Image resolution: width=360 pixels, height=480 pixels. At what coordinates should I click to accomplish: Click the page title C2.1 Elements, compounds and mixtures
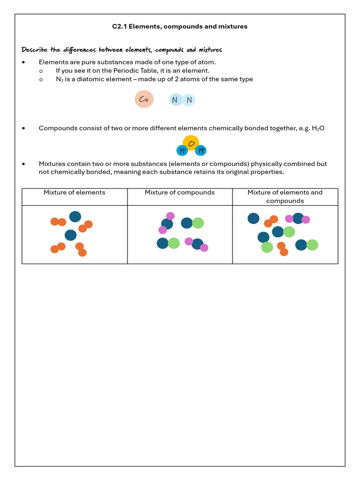pos(180,27)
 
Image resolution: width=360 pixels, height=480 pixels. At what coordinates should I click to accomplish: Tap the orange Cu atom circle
pos(144,99)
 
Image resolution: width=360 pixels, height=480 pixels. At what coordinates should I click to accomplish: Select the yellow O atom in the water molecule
pos(191,142)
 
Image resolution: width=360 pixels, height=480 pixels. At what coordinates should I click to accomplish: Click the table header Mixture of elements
pos(75,193)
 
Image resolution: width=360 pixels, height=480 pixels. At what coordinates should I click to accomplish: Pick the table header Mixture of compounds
pos(180,193)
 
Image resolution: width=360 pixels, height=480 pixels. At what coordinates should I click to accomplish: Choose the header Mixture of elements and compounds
pos(285,196)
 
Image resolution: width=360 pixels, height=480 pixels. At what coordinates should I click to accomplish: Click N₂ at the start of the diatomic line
pos(60,79)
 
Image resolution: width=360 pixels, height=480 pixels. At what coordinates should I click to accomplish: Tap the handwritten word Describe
pos(35,50)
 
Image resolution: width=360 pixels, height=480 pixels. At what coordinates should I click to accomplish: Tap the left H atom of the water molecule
pos(182,150)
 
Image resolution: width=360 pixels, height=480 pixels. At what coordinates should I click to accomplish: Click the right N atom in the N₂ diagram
pos(189,100)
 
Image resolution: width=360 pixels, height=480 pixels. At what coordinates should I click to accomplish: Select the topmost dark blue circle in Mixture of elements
pos(75,217)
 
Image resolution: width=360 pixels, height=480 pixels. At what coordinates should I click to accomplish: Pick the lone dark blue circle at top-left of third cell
pos(254,218)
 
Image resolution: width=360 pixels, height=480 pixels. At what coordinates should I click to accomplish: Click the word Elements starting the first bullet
pos(52,62)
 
